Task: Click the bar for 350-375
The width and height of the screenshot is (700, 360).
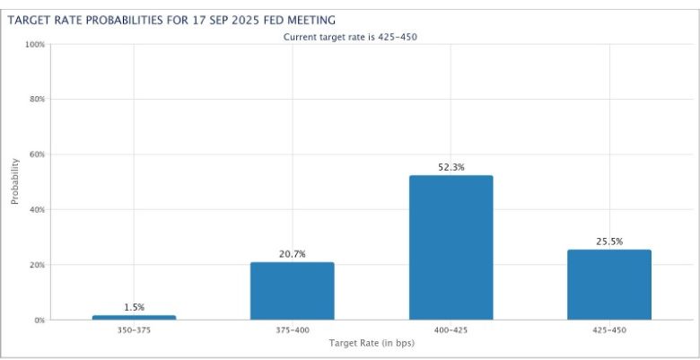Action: pos(134,317)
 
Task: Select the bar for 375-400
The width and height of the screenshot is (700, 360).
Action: pos(292,291)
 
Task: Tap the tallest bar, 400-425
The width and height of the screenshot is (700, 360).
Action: pos(451,247)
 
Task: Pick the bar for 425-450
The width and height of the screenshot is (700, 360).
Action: pos(609,284)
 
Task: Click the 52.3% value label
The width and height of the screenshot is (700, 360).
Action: pos(451,167)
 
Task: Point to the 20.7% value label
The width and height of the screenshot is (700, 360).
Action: pos(292,254)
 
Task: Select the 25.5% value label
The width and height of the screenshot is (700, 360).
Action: pos(609,241)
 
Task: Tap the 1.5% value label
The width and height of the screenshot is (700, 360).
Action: pos(134,307)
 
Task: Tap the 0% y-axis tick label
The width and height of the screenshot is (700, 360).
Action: pos(37,320)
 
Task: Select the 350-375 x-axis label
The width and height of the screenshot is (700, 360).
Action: pos(134,329)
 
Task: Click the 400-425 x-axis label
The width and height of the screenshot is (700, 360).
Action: pos(451,329)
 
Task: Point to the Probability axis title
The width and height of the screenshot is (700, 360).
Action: pos(15,181)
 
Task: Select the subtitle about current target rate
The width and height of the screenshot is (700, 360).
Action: pos(350,37)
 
